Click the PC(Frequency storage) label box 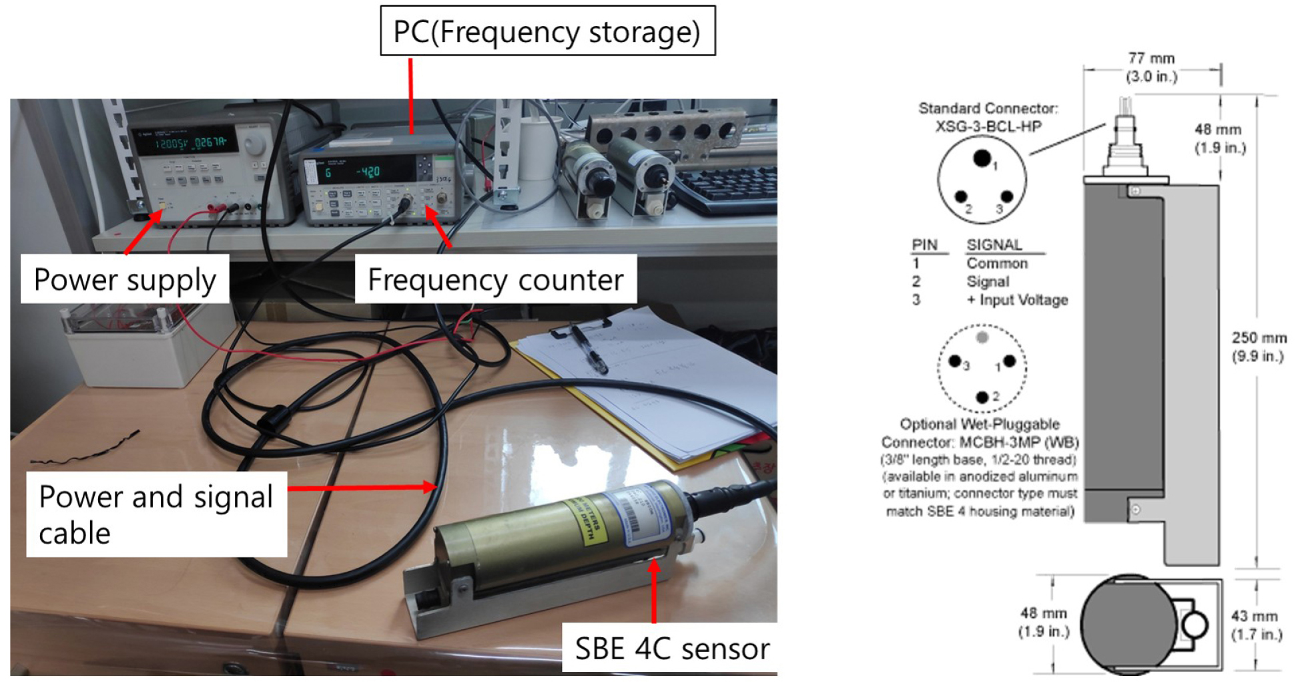pos(547,31)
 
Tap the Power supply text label pos(125,279)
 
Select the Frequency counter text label pos(495,279)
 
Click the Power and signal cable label pos(156,514)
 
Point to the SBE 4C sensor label pos(671,648)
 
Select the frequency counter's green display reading pos(368,172)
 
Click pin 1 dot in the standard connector pos(982,158)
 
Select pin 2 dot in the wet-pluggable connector pos(982,397)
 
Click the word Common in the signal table pos(997,263)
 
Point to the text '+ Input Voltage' pos(1017,300)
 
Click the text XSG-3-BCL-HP pos(988,126)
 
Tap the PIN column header pos(925,245)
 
